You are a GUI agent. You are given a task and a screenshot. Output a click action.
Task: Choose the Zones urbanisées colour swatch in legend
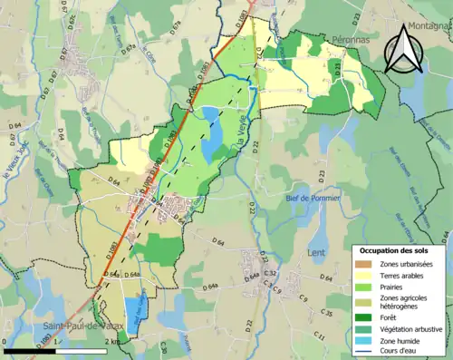(x=364, y=264)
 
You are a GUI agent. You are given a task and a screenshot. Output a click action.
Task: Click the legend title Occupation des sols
(x=400, y=250)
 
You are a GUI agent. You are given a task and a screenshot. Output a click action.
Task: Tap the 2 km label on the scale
(x=111, y=341)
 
